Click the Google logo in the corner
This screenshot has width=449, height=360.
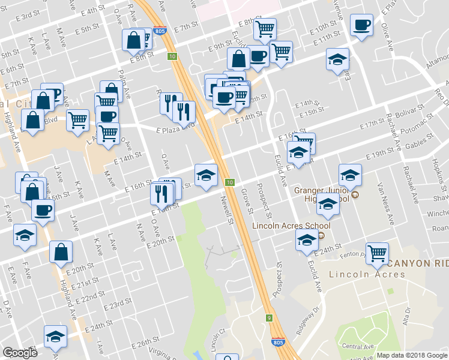point(20,353)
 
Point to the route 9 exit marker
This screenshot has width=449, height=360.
point(270,317)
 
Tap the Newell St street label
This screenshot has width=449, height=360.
point(227,211)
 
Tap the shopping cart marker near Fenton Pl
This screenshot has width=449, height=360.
point(377,253)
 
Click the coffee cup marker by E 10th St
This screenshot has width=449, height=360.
point(361,25)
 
